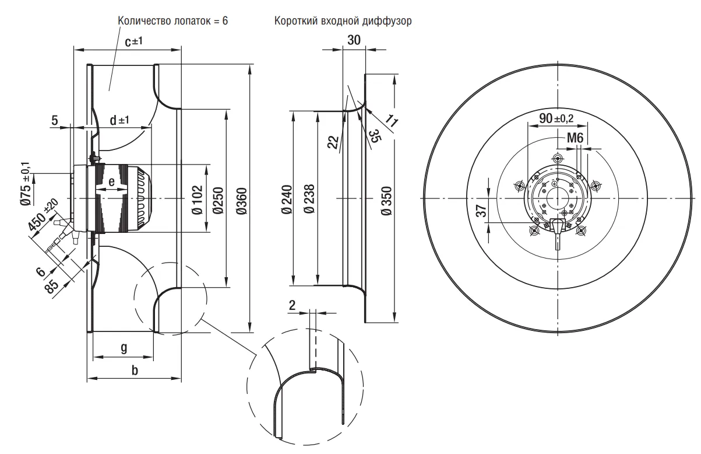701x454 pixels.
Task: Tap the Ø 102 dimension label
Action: point(198,198)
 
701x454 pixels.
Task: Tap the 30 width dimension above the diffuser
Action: point(354,40)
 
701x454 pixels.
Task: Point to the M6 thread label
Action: point(575,138)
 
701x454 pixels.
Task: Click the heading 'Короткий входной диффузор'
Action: point(343,21)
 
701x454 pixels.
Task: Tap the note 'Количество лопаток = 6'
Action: point(172,20)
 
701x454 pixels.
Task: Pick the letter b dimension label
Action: point(135,371)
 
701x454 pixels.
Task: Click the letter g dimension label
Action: point(124,348)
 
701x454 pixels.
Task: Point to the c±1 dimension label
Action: point(134,41)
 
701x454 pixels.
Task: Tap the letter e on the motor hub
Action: point(112,181)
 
